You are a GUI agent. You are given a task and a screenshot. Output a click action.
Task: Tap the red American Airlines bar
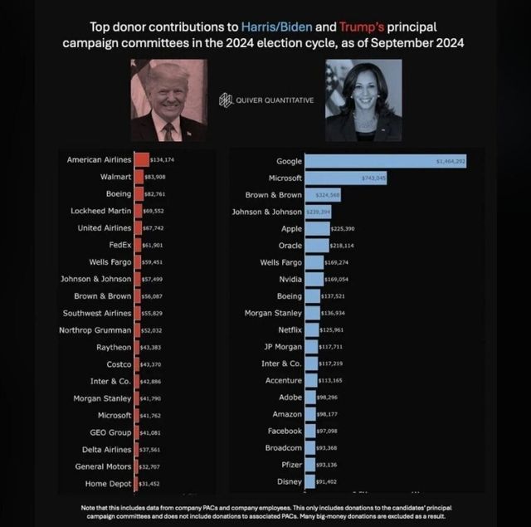point(142,159)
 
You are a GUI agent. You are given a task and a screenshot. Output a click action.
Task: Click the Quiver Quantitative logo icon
point(226,100)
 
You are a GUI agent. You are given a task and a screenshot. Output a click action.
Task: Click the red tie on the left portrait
point(168,131)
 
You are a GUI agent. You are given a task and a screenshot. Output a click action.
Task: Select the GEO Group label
point(110,432)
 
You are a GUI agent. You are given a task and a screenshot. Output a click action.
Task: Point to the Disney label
point(289,482)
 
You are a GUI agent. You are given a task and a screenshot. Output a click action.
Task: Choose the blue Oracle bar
point(314,246)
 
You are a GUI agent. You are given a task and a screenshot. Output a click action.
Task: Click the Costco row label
point(116,364)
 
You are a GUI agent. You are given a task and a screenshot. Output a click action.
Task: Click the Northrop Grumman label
point(97,329)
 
